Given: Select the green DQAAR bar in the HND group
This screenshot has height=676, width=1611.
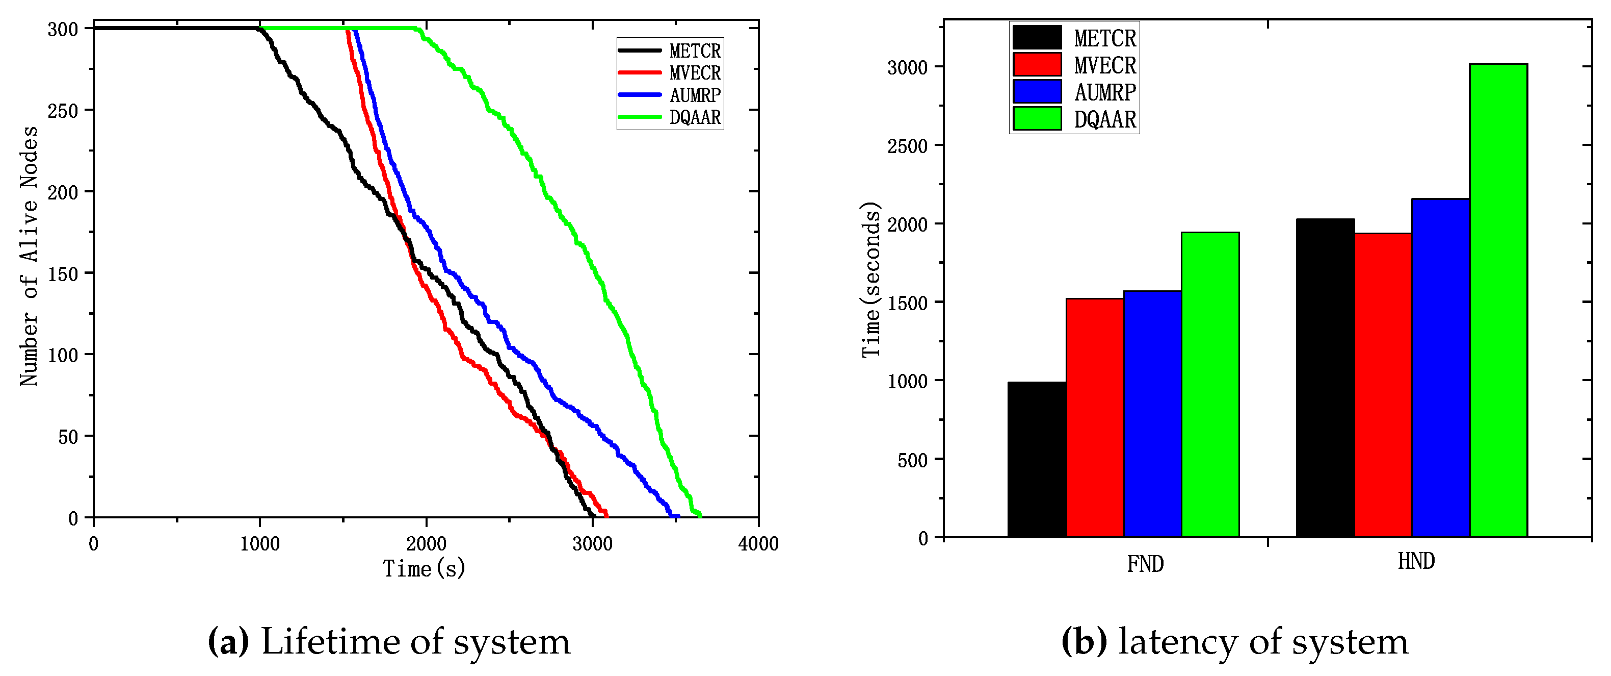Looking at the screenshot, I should [x=1498, y=301].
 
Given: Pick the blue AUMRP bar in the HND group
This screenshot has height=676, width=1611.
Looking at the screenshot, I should [x=1440, y=367].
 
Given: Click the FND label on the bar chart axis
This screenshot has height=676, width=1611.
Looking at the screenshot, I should [x=1145, y=564].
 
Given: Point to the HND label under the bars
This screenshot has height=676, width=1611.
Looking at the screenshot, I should [x=1416, y=561].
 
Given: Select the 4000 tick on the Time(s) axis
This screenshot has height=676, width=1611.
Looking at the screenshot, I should [x=758, y=543].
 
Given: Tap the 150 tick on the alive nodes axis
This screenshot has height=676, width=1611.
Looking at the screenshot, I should [x=63, y=273].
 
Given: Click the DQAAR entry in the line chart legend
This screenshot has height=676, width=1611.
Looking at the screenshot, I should [x=695, y=117].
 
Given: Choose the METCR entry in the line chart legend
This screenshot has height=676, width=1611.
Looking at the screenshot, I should [x=695, y=51].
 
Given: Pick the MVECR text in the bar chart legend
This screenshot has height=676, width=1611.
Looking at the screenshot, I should [x=1104, y=65].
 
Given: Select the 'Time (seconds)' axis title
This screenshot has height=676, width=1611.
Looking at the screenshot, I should [x=870, y=280].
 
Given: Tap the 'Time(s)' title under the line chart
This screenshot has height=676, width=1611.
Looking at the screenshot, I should [x=424, y=568].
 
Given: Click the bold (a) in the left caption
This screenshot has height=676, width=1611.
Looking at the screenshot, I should [x=228, y=642].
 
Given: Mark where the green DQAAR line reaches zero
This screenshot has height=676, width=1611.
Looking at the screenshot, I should [x=699, y=515].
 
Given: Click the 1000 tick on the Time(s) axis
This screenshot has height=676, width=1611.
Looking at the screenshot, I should [x=259, y=543].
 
